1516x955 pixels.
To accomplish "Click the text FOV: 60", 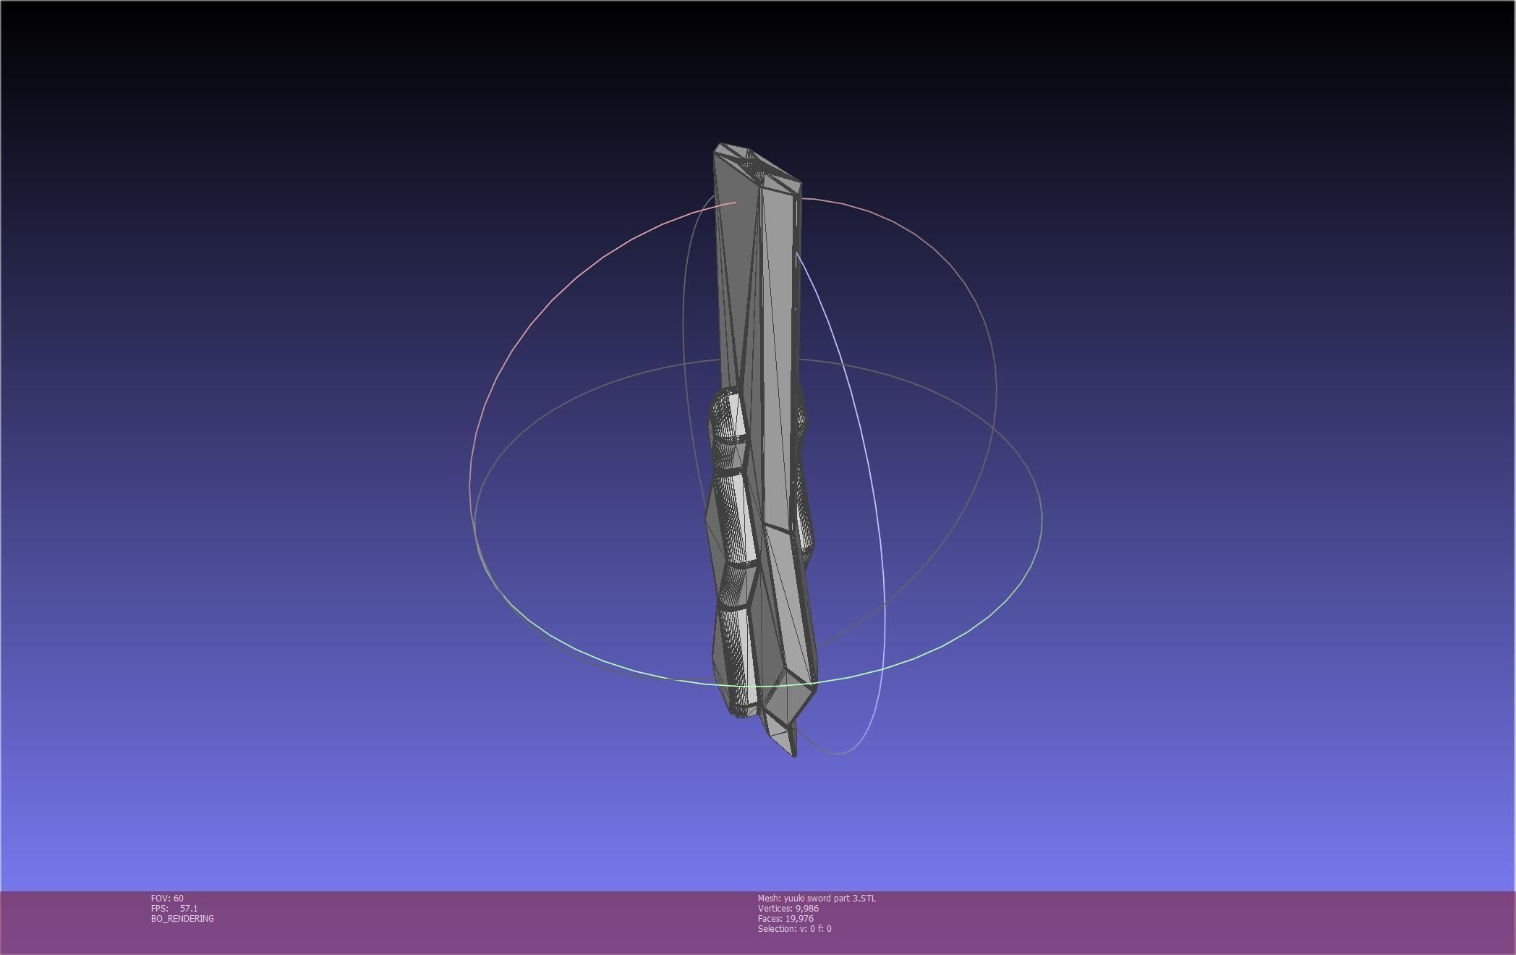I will pos(167,898).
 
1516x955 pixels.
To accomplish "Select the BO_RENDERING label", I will pos(182,918).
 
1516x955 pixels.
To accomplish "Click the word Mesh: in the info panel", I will pos(769,898).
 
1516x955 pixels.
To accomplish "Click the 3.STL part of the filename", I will pos(864,898).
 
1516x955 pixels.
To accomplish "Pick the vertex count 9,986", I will pos(806,908).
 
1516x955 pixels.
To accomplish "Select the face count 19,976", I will pos(799,918).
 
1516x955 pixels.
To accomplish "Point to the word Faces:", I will pos(770,918).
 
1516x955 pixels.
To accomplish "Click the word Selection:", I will pos(776,928).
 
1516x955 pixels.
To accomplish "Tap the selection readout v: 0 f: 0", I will pos(815,928).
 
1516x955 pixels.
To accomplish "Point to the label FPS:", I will pos(159,908).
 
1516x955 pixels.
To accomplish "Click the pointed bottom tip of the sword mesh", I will pos(793,752).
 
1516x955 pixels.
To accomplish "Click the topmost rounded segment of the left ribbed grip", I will pos(728,416).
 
